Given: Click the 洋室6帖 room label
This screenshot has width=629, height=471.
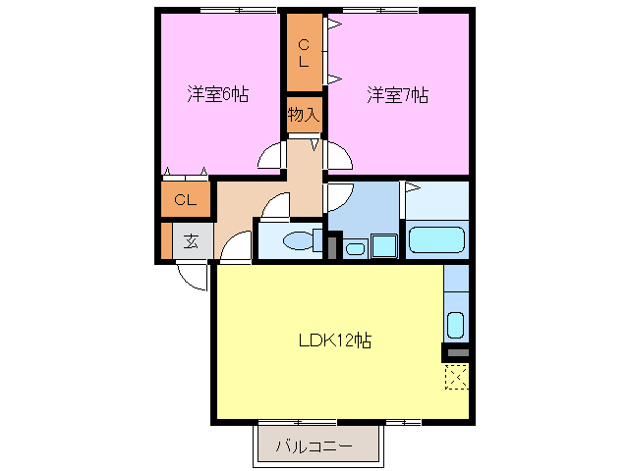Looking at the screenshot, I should [x=218, y=95].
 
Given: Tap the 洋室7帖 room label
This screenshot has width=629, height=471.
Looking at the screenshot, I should [x=398, y=95].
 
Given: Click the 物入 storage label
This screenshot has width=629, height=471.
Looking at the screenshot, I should [x=304, y=115].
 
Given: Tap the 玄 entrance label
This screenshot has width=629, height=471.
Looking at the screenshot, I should [x=192, y=241].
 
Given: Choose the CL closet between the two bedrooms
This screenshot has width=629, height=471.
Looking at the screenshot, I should [x=304, y=53].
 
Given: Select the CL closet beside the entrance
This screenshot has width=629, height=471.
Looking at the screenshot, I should [x=186, y=201].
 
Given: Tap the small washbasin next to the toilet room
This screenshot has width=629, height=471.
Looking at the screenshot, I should [x=355, y=247].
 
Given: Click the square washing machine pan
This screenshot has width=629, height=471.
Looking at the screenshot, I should [x=382, y=245].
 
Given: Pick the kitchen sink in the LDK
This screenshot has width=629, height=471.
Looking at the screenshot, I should [x=455, y=323].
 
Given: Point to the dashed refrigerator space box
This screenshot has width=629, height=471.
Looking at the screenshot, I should [x=456, y=377].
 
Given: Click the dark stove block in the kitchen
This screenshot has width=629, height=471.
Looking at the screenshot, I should [x=456, y=351].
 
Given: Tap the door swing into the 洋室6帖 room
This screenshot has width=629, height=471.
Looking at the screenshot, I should [x=270, y=157].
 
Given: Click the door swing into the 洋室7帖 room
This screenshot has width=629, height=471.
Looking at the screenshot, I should [x=338, y=156].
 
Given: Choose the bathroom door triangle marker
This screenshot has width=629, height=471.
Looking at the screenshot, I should [x=411, y=187].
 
